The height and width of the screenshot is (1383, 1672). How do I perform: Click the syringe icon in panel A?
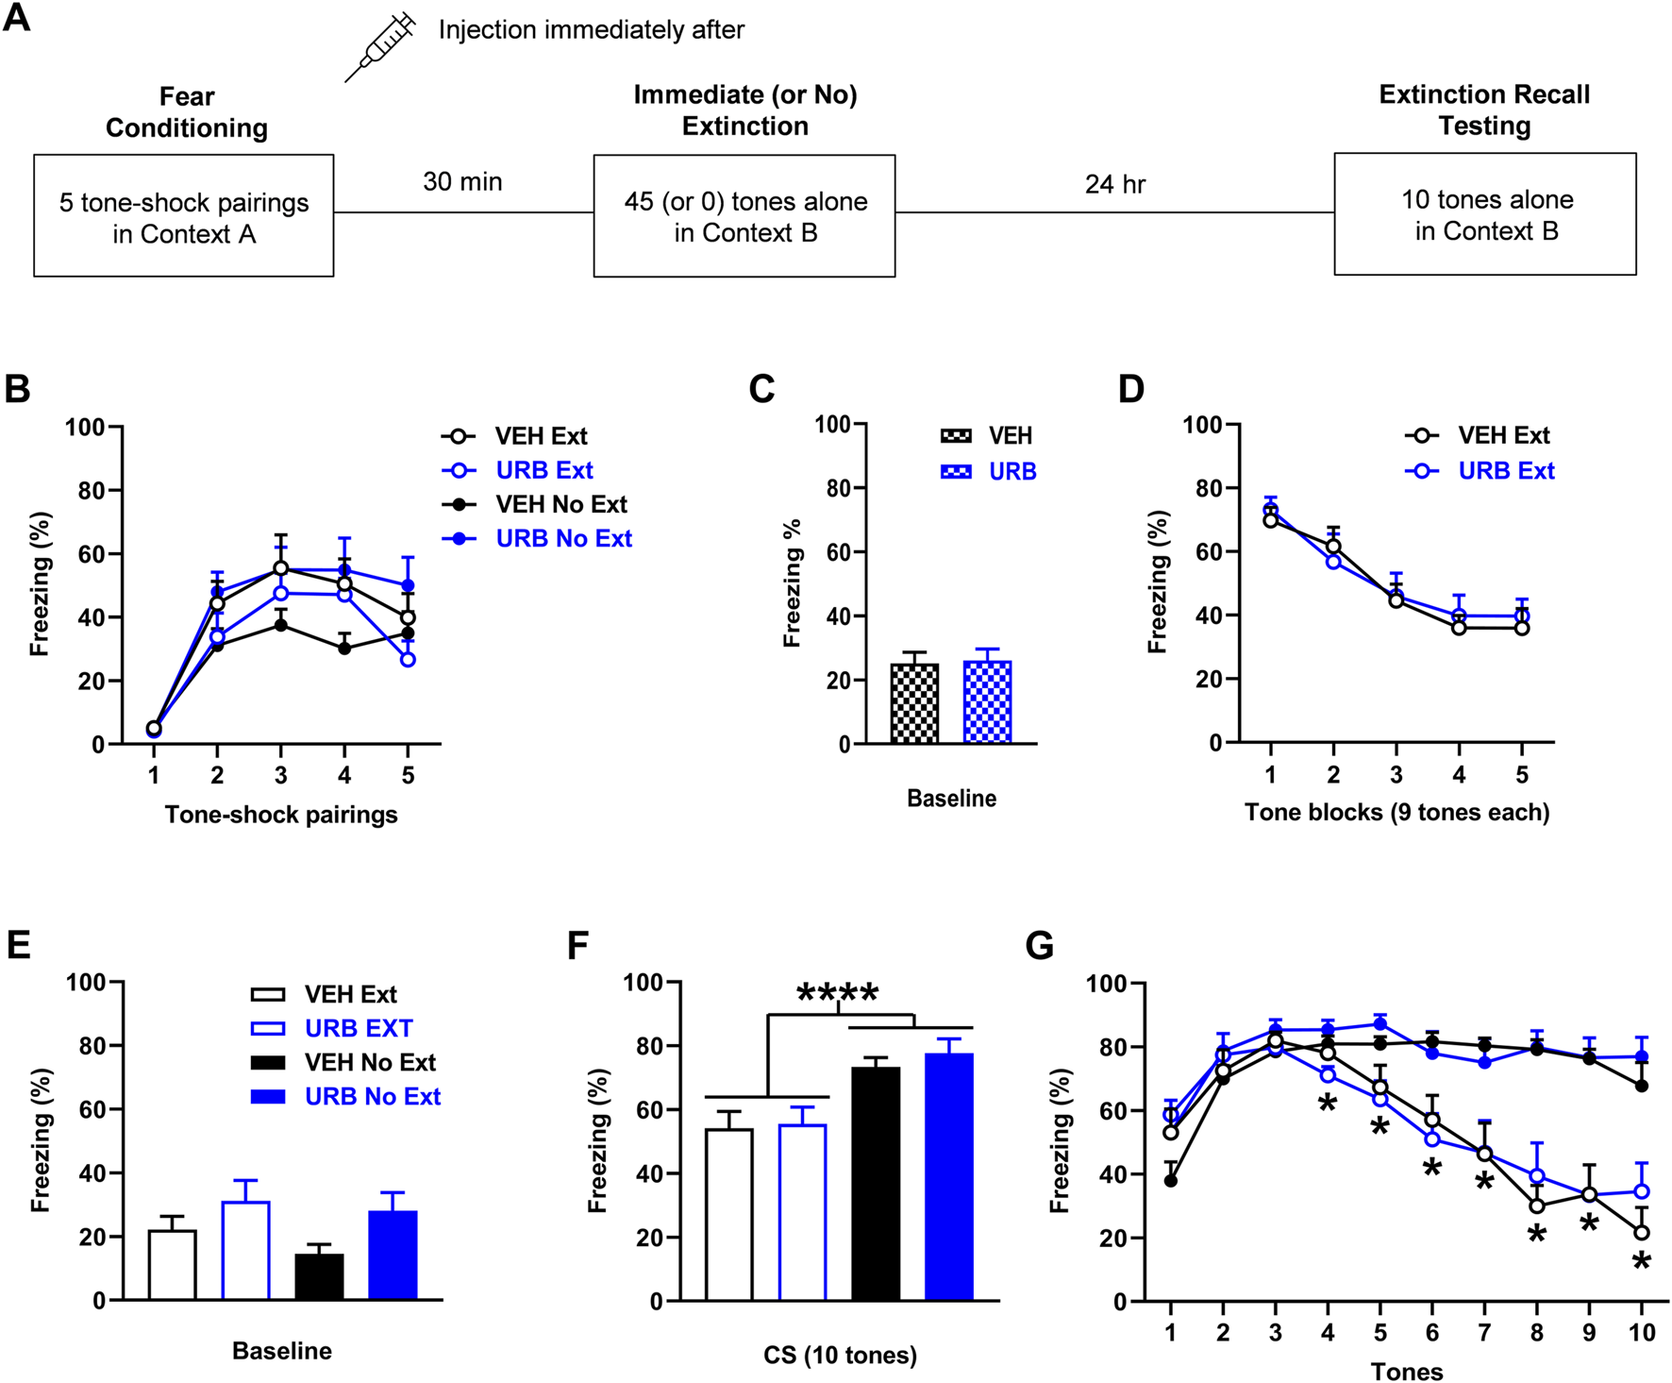[380, 46]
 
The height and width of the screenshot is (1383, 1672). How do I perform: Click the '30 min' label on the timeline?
[462, 181]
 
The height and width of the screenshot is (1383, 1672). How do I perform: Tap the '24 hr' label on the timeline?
[1114, 183]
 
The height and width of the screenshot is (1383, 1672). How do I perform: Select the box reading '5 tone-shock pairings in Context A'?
[184, 216]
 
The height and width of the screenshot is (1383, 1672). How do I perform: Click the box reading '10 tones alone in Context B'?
[1485, 214]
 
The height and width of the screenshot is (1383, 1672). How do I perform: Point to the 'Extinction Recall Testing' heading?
[1484, 110]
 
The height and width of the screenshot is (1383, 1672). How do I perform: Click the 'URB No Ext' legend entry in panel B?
[563, 538]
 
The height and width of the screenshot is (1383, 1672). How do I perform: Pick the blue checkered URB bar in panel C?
[987, 702]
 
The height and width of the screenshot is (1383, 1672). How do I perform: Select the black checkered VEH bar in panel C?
[914, 703]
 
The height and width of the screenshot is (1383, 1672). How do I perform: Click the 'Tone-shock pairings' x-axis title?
[281, 815]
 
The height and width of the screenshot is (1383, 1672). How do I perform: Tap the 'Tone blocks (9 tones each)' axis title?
[1396, 813]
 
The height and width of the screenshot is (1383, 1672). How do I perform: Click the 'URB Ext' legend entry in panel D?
[1506, 470]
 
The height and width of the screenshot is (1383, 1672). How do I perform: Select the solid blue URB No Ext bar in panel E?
[393, 1255]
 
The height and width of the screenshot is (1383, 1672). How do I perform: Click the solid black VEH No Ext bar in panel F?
[876, 1184]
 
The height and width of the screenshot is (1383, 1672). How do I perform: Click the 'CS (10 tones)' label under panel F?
[840, 1356]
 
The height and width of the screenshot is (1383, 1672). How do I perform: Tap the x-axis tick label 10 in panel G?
[1642, 1332]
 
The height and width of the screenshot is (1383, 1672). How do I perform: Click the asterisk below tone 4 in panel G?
[1328, 1103]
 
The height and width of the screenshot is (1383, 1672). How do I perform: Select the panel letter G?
[1039, 946]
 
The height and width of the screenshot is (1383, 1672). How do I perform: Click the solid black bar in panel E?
[319, 1276]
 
